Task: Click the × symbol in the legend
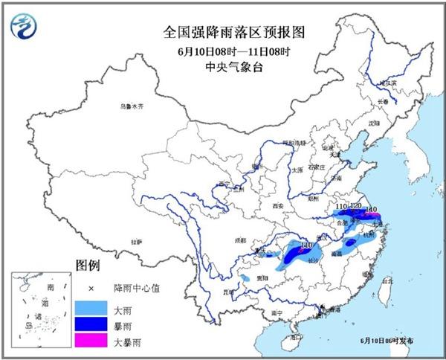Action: pyautogui.click(x=91, y=288)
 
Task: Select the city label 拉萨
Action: pyautogui.click(x=136, y=242)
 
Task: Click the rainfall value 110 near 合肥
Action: pyautogui.click(x=343, y=206)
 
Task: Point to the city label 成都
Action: pyautogui.click(x=239, y=240)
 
